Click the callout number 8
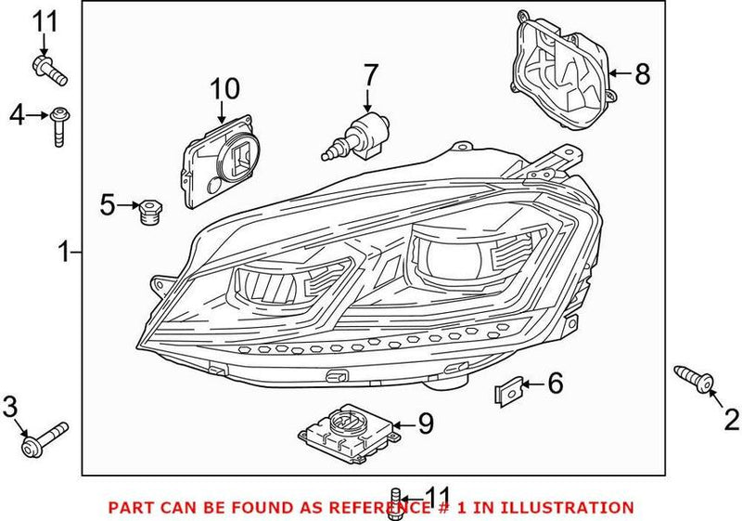pyautogui.click(x=643, y=73)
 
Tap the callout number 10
pyautogui.click(x=224, y=89)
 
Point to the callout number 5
pyautogui.click(x=107, y=203)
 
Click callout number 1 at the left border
pyautogui.click(x=64, y=252)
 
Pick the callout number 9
pyautogui.click(x=426, y=424)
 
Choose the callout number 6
pyautogui.click(x=555, y=382)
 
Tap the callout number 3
pyautogui.click(x=11, y=406)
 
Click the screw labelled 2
pyautogui.click(x=695, y=378)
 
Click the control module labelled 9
pyautogui.click(x=348, y=432)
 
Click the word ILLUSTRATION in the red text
pyautogui.click(x=569, y=508)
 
